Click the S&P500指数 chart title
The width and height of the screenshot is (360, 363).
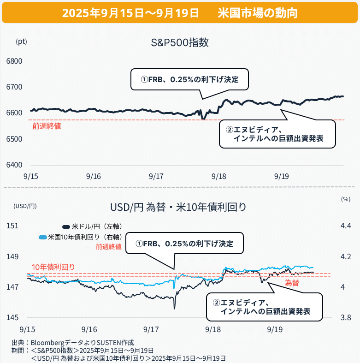tap(180, 43)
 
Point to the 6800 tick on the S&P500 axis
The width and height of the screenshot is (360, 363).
tap(14, 61)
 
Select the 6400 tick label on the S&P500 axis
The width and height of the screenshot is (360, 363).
tap(14, 165)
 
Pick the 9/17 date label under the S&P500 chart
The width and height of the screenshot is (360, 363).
tap(156, 177)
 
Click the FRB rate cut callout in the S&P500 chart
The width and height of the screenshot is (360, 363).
tap(190, 79)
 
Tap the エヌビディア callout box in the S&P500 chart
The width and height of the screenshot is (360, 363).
tap(276, 134)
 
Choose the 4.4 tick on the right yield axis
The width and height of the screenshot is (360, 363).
tap(346, 226)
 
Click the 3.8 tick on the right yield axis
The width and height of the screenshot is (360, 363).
tap(346, 317)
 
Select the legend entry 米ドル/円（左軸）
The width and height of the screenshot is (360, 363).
tap(94, 226)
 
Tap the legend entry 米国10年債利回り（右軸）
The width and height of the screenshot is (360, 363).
tap(80, 237)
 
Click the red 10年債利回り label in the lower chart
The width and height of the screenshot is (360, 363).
tap(53, 267)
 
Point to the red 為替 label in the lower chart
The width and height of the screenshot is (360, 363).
tap(292, 283)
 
